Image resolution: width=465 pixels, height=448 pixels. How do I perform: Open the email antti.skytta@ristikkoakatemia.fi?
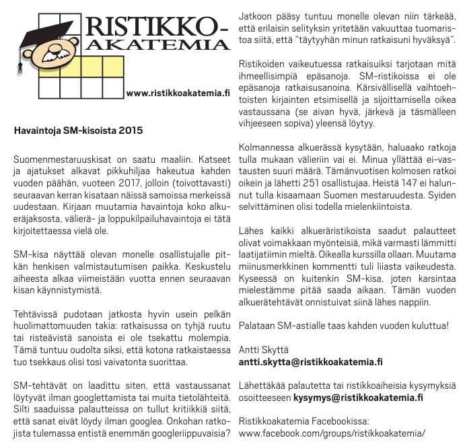tap(312, 362)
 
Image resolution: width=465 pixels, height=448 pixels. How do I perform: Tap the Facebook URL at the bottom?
tap(332, 433)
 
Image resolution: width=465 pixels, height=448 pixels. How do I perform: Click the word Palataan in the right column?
tap(258, 326)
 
